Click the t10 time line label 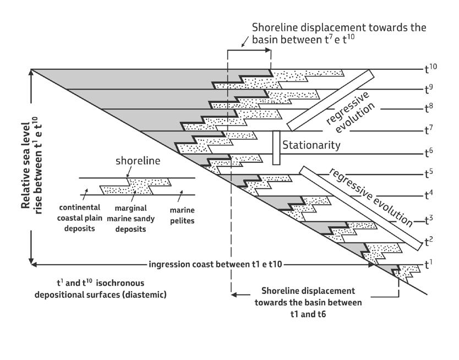[x=430, y=68]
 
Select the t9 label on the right [x=429, y=89]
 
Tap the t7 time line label [x=429, y=130]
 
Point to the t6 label [x=429, y=152]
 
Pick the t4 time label [x=429, y=194]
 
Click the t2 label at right [x=429, y=242]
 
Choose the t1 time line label [x=429, y=264]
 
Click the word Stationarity [x=311, y=145]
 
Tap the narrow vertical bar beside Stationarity [x=276, y=148]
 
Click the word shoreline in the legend [x=138, y=161]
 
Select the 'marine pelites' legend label [x=182, y=215]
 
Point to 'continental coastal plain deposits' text [x=80, y=218]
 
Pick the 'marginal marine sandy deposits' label [x=130, y=219]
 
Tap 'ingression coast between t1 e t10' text [x=215, y=264]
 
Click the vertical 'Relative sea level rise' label [x=31, y=165]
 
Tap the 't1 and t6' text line [x=308, y=314]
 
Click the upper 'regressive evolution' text [x=350, y=113]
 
